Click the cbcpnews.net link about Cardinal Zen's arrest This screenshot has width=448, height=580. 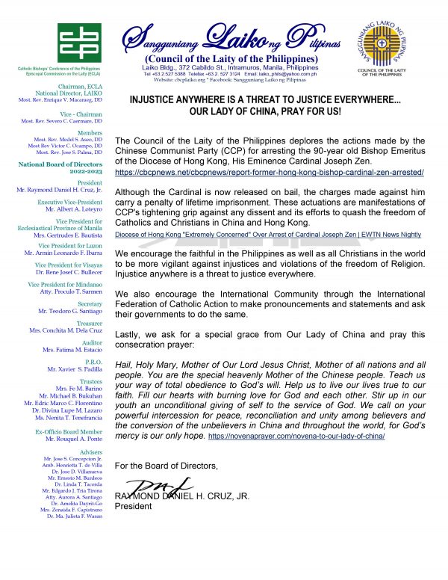[x=270, y=173]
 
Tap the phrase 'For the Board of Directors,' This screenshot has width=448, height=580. [x=167, y=466]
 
